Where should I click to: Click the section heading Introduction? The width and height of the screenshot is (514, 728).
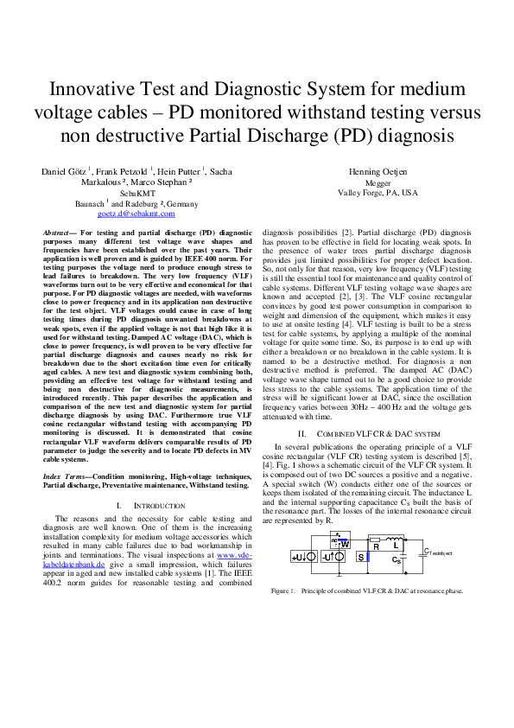coord(162,505)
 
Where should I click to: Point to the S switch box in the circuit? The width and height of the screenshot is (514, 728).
coord(361,557)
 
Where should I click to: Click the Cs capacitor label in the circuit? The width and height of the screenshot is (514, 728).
coord(396,560)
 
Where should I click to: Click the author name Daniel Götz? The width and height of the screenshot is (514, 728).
coord(67,173)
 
